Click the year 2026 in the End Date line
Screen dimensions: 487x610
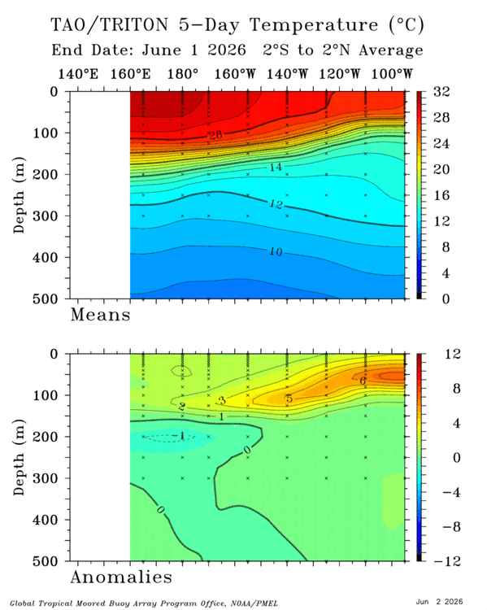point(227,50)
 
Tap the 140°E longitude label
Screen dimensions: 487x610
point(78,73)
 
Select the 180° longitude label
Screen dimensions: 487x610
point(183,73)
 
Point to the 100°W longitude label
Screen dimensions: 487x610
point(392,73)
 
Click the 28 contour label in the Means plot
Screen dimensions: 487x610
point(215,135)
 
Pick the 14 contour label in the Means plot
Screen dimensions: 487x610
point(276,167)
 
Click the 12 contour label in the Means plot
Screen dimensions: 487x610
point(276,204)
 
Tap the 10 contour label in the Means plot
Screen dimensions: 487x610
point(276,252)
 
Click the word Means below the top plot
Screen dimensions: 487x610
point(100,314)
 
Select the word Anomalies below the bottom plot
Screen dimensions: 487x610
point(121,577)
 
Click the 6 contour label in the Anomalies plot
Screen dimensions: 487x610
point(363,381)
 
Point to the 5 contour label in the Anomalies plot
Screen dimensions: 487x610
point(289,399)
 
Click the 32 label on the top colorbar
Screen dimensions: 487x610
point(441,91)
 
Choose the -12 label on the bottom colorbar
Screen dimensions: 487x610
point(447,560)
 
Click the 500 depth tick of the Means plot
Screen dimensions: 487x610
point(45,298)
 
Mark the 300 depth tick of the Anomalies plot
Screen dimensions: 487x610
point(45,477)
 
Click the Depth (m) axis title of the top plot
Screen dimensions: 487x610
point(19,195)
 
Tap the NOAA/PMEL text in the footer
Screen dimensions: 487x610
point(254,603)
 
